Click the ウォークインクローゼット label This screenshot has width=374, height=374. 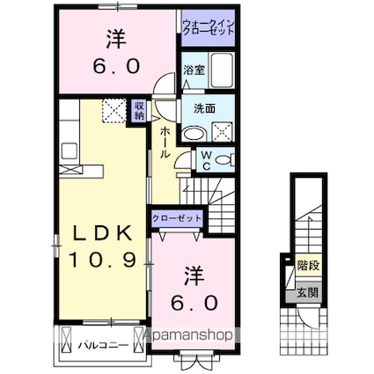[209, 27]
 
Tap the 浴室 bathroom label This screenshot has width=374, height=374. [194, 70]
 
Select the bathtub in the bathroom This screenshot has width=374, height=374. [222, 70]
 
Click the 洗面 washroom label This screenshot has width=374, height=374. [204, 109]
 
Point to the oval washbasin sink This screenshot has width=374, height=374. [194, 134]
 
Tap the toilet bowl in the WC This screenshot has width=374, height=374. [225, 160]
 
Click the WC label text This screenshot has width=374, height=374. [207, 160]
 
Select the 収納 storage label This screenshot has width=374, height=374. [139, 111]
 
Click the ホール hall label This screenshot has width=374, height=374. [165, 143]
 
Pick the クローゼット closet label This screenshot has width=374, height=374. [177, 218]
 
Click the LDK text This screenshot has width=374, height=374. [102, 234]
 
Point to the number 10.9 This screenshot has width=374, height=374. [102, 260]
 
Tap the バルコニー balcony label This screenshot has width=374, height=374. [103, 345]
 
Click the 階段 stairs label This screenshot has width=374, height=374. [308, 266]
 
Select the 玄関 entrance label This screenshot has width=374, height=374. [307, 292]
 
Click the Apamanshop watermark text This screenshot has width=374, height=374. [188, 335]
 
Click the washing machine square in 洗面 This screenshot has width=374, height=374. [222, 131]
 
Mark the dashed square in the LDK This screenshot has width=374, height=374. [114, 111]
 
